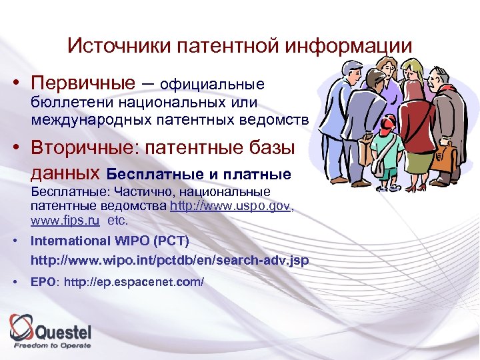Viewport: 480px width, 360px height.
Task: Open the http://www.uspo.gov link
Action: [231, 207]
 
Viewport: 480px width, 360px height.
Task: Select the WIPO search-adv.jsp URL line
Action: [170, 260]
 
